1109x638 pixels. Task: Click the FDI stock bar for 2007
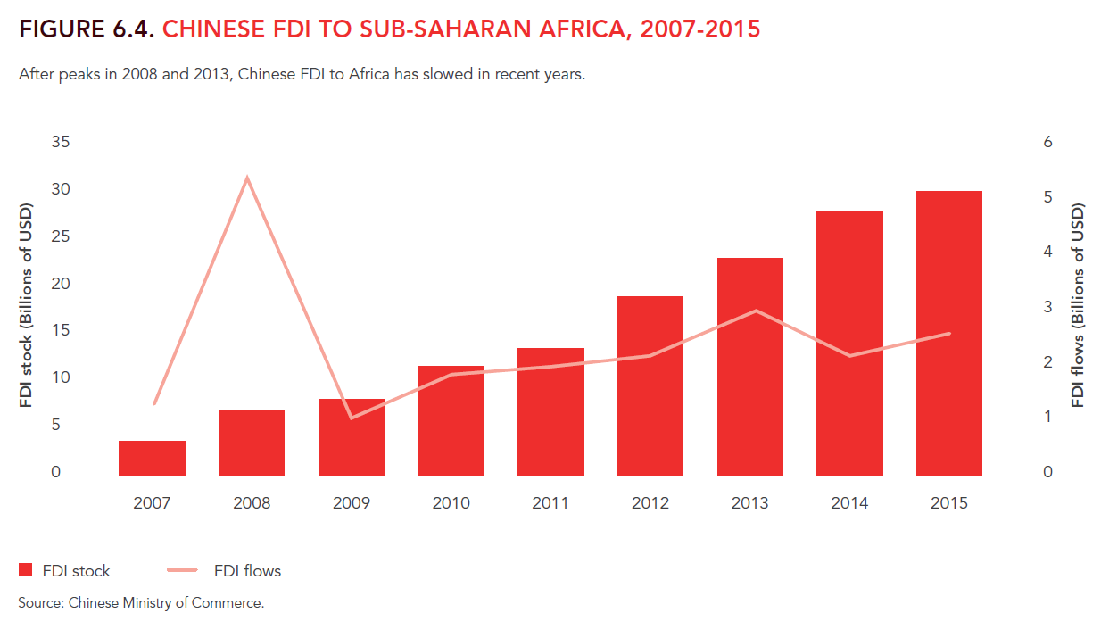(152, 458)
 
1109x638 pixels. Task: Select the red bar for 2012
(650, 385)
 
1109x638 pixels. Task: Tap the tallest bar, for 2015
(949, 333)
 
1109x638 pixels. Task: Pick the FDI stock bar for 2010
(451, 420)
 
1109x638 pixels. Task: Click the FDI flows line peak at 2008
(247, 178)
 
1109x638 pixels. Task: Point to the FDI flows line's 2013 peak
(756, 311)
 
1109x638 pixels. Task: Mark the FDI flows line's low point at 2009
(352, 418)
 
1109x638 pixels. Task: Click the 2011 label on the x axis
(550, 503)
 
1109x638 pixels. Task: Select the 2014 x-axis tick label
(849, 503)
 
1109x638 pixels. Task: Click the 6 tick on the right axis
(1048, 143)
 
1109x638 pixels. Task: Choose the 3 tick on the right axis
(1048, 307)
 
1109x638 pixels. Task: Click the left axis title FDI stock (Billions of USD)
(26, 306)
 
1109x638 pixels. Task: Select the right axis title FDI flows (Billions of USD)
(1078, 306)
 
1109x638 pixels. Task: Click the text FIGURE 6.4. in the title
(87, 29)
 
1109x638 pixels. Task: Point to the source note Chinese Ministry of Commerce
(166, 603)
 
